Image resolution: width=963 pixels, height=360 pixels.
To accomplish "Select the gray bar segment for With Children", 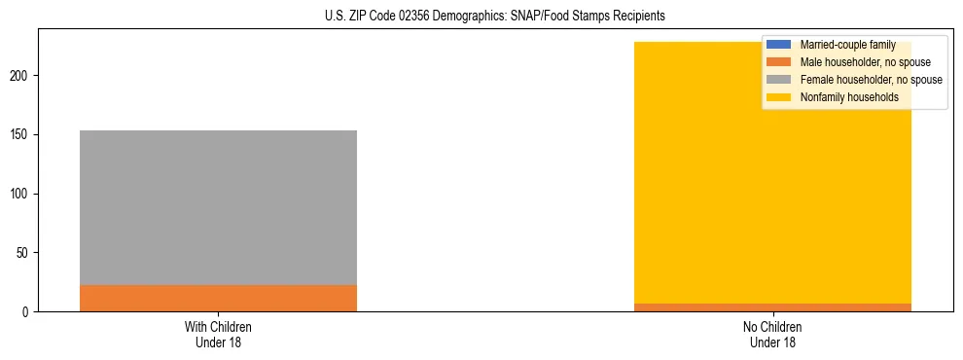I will pyautogui.click(x=218, y=207).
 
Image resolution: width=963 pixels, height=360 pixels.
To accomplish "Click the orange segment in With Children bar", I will pyautogui.click(x=218, y=298).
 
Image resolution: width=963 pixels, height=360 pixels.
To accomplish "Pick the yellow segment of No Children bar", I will pyautogui.click(x=681, y=175).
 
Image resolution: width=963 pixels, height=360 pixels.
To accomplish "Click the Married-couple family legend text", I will pyautogui.click(x=847, y=45).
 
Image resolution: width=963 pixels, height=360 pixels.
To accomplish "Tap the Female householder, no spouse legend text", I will pyautogui.click(x=871, y=80).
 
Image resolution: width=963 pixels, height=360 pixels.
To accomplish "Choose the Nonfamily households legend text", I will pyautogui.click(x=849, y=97).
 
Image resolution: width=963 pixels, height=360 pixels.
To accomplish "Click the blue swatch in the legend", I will pyautogui.click(x=779, y=45).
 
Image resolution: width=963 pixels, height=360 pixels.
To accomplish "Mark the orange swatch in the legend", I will pyautogui.click(x=779, y=62).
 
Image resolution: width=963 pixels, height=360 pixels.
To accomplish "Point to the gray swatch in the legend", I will pyautogui.click(x=779, y=80).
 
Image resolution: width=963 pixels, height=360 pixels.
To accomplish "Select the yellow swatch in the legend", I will pyautogui.click(x=779, y=97).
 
